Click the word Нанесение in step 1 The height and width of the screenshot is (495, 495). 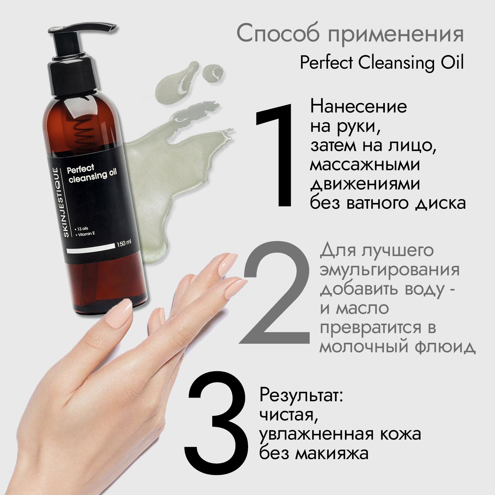(358, 107)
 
